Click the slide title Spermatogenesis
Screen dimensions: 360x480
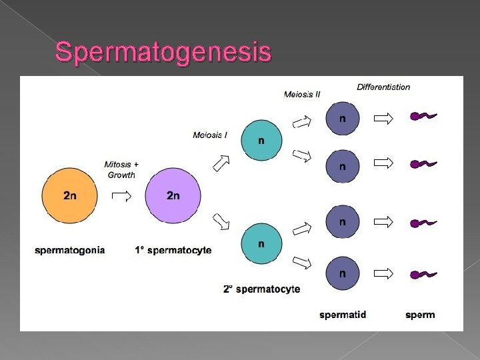(163, 52)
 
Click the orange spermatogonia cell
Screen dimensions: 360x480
(70, 195)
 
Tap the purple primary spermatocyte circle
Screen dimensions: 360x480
(173, 195)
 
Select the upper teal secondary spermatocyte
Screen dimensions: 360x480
(261, 141)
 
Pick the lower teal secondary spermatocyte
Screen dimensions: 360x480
(261, 244)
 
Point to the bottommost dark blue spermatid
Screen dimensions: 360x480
(342, 273)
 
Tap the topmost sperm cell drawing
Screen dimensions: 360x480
(423, 117)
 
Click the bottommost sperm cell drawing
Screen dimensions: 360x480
(423, 273)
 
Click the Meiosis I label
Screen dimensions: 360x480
(210, 135)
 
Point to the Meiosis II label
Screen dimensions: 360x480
(302, 95)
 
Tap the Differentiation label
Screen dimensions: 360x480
(383, 87)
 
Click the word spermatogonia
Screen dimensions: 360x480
(69, 250)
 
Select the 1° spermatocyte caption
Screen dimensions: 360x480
(173, 250)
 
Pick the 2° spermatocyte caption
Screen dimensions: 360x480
(261, 289)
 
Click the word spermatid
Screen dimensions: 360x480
(343, 314)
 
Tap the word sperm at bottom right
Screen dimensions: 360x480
(420, 314)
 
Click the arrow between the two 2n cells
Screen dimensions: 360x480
(121, 195)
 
